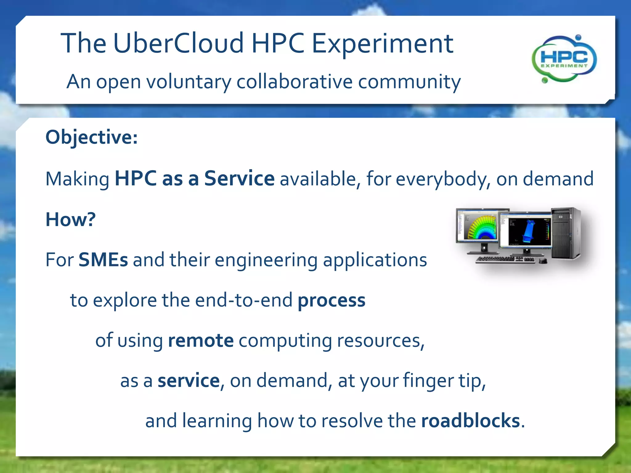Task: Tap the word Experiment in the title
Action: pos(382,44)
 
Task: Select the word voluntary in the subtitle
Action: pos(188,82)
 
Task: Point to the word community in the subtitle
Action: pos(409,82)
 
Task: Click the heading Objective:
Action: pos(92,137)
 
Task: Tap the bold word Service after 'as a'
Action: pos(239,178)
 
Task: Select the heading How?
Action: pos(71,219)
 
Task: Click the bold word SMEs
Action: pos(103,260)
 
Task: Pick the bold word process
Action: pos(331,301)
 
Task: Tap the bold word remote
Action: pos(201,341)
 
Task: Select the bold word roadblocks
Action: pos(470,421)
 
